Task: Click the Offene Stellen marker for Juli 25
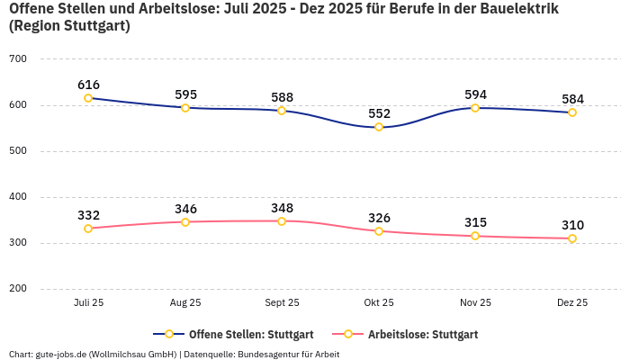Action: pyautogui.click(x=88, y=98)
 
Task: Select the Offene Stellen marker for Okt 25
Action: pyautogui.click(x=379, y=127)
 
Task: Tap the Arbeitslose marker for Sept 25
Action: pyautogui.click(x=282, y=221)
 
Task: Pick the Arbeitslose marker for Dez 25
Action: pyautogui.click(x=572, y=238)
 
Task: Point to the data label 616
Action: pyautogui.click(x=88, y=85)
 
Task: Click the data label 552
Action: pyautogui.click(x=379, y=113)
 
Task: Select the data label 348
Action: pyautogui.click(x=282, y=208)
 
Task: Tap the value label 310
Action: pyautogui.click(x=572, y=225)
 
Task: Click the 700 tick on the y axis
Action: pyautogui.click(x=18, y=59)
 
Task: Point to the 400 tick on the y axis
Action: pyautogui.click(x=18, y=197)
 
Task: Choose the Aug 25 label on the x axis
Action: pyautogui.click(x=185, y=303)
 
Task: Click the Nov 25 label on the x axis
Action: pyautogui.click(x=475, y=303)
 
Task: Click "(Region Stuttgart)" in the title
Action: pyautogui.click(x=69, y=26)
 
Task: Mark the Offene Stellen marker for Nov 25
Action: pyautogui.click(x=475, y=108)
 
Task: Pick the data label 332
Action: pyautogui.click(x=88, y=215)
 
